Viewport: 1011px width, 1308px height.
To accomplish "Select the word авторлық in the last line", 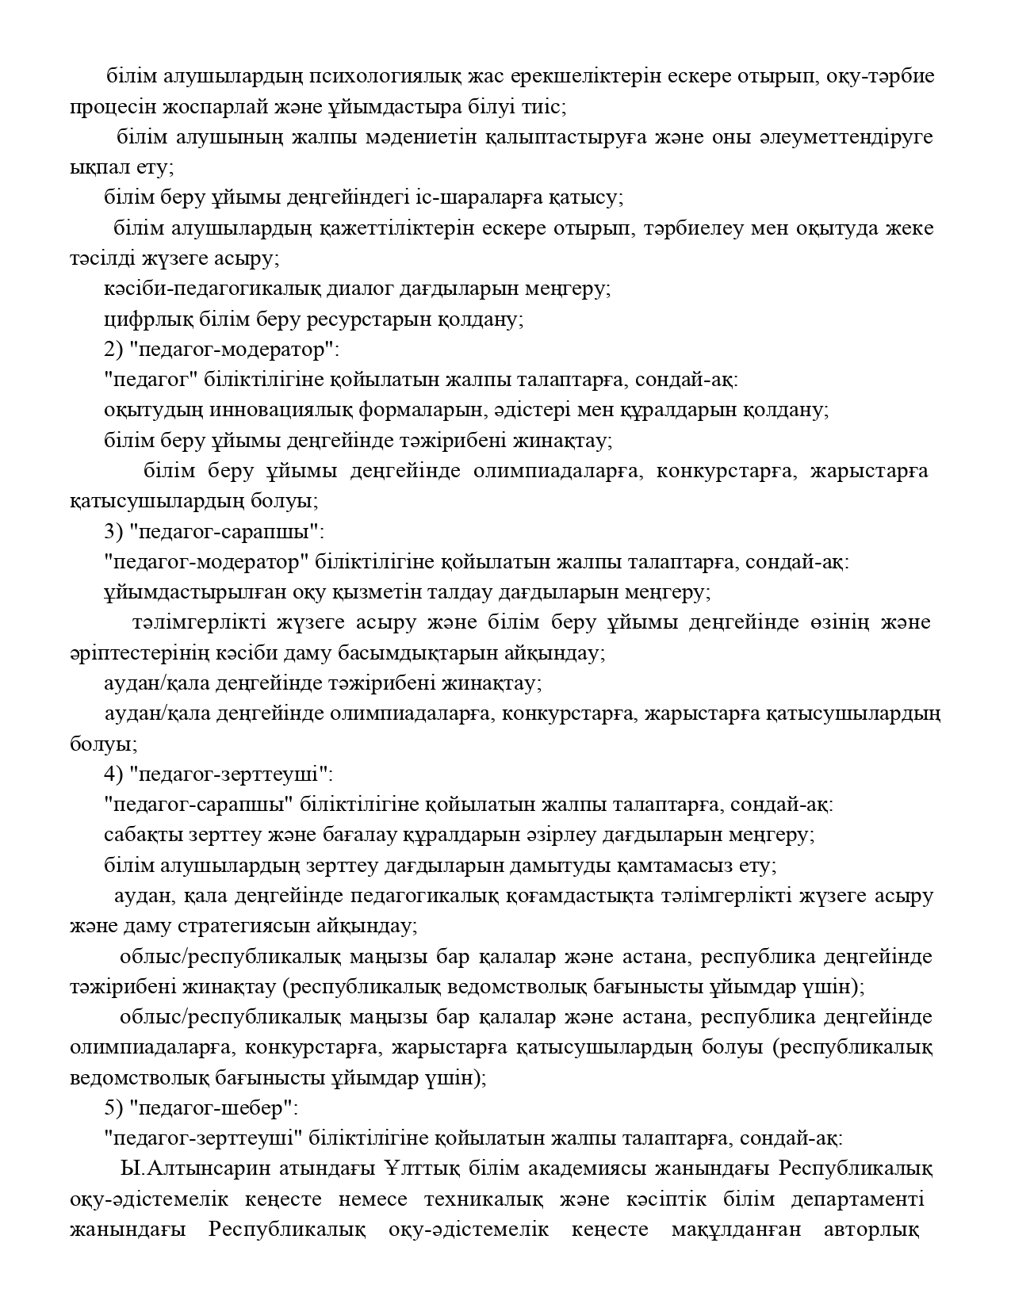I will tap(871, 1230).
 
